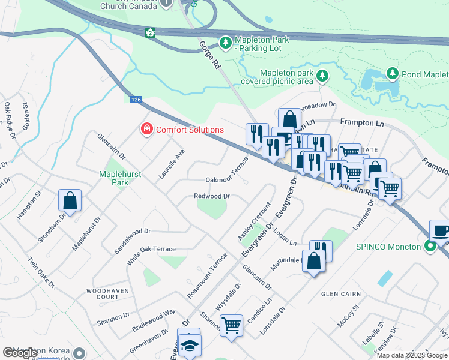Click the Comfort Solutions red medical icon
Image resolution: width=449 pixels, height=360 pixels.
146,129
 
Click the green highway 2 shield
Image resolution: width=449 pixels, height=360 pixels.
150,32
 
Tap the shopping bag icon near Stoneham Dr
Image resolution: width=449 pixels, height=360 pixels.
70,201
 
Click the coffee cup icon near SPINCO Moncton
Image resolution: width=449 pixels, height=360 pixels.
439,231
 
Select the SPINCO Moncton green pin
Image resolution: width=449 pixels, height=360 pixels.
429,247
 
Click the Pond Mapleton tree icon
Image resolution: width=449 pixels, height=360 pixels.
393,74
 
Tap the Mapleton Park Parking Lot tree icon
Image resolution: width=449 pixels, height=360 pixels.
226,43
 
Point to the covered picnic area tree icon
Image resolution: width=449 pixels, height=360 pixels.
322,76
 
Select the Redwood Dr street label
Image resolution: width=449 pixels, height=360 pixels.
212,196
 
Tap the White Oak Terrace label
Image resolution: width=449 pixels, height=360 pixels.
152,249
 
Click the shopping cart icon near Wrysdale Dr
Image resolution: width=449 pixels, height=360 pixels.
231,326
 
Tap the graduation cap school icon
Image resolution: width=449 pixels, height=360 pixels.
190,345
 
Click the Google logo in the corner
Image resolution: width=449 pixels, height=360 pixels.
20,353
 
